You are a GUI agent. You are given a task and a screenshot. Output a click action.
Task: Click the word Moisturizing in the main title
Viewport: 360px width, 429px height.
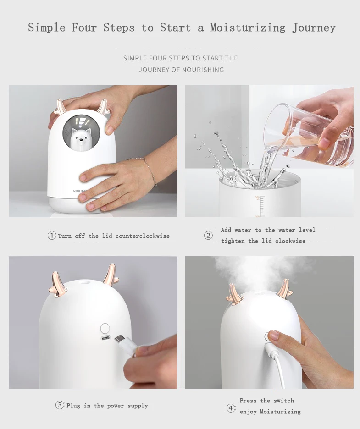point(248,28)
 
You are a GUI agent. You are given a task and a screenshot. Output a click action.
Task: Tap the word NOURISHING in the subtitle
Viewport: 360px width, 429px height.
point(203,70)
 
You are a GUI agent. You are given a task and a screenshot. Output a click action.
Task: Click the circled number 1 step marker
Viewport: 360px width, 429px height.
point(52,236)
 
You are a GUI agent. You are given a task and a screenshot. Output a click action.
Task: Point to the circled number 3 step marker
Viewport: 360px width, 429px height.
point(60,405)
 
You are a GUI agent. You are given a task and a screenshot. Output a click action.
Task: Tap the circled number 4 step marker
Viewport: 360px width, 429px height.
point(231,408)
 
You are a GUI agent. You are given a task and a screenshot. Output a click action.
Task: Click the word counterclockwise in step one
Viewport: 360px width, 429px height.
point(142,236)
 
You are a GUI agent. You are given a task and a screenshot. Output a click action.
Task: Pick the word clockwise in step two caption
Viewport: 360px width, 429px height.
point(290,241)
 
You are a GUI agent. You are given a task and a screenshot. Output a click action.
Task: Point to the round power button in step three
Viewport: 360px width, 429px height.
point(105,328)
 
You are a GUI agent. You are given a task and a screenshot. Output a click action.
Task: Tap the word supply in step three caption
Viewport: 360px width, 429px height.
point(138,406)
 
